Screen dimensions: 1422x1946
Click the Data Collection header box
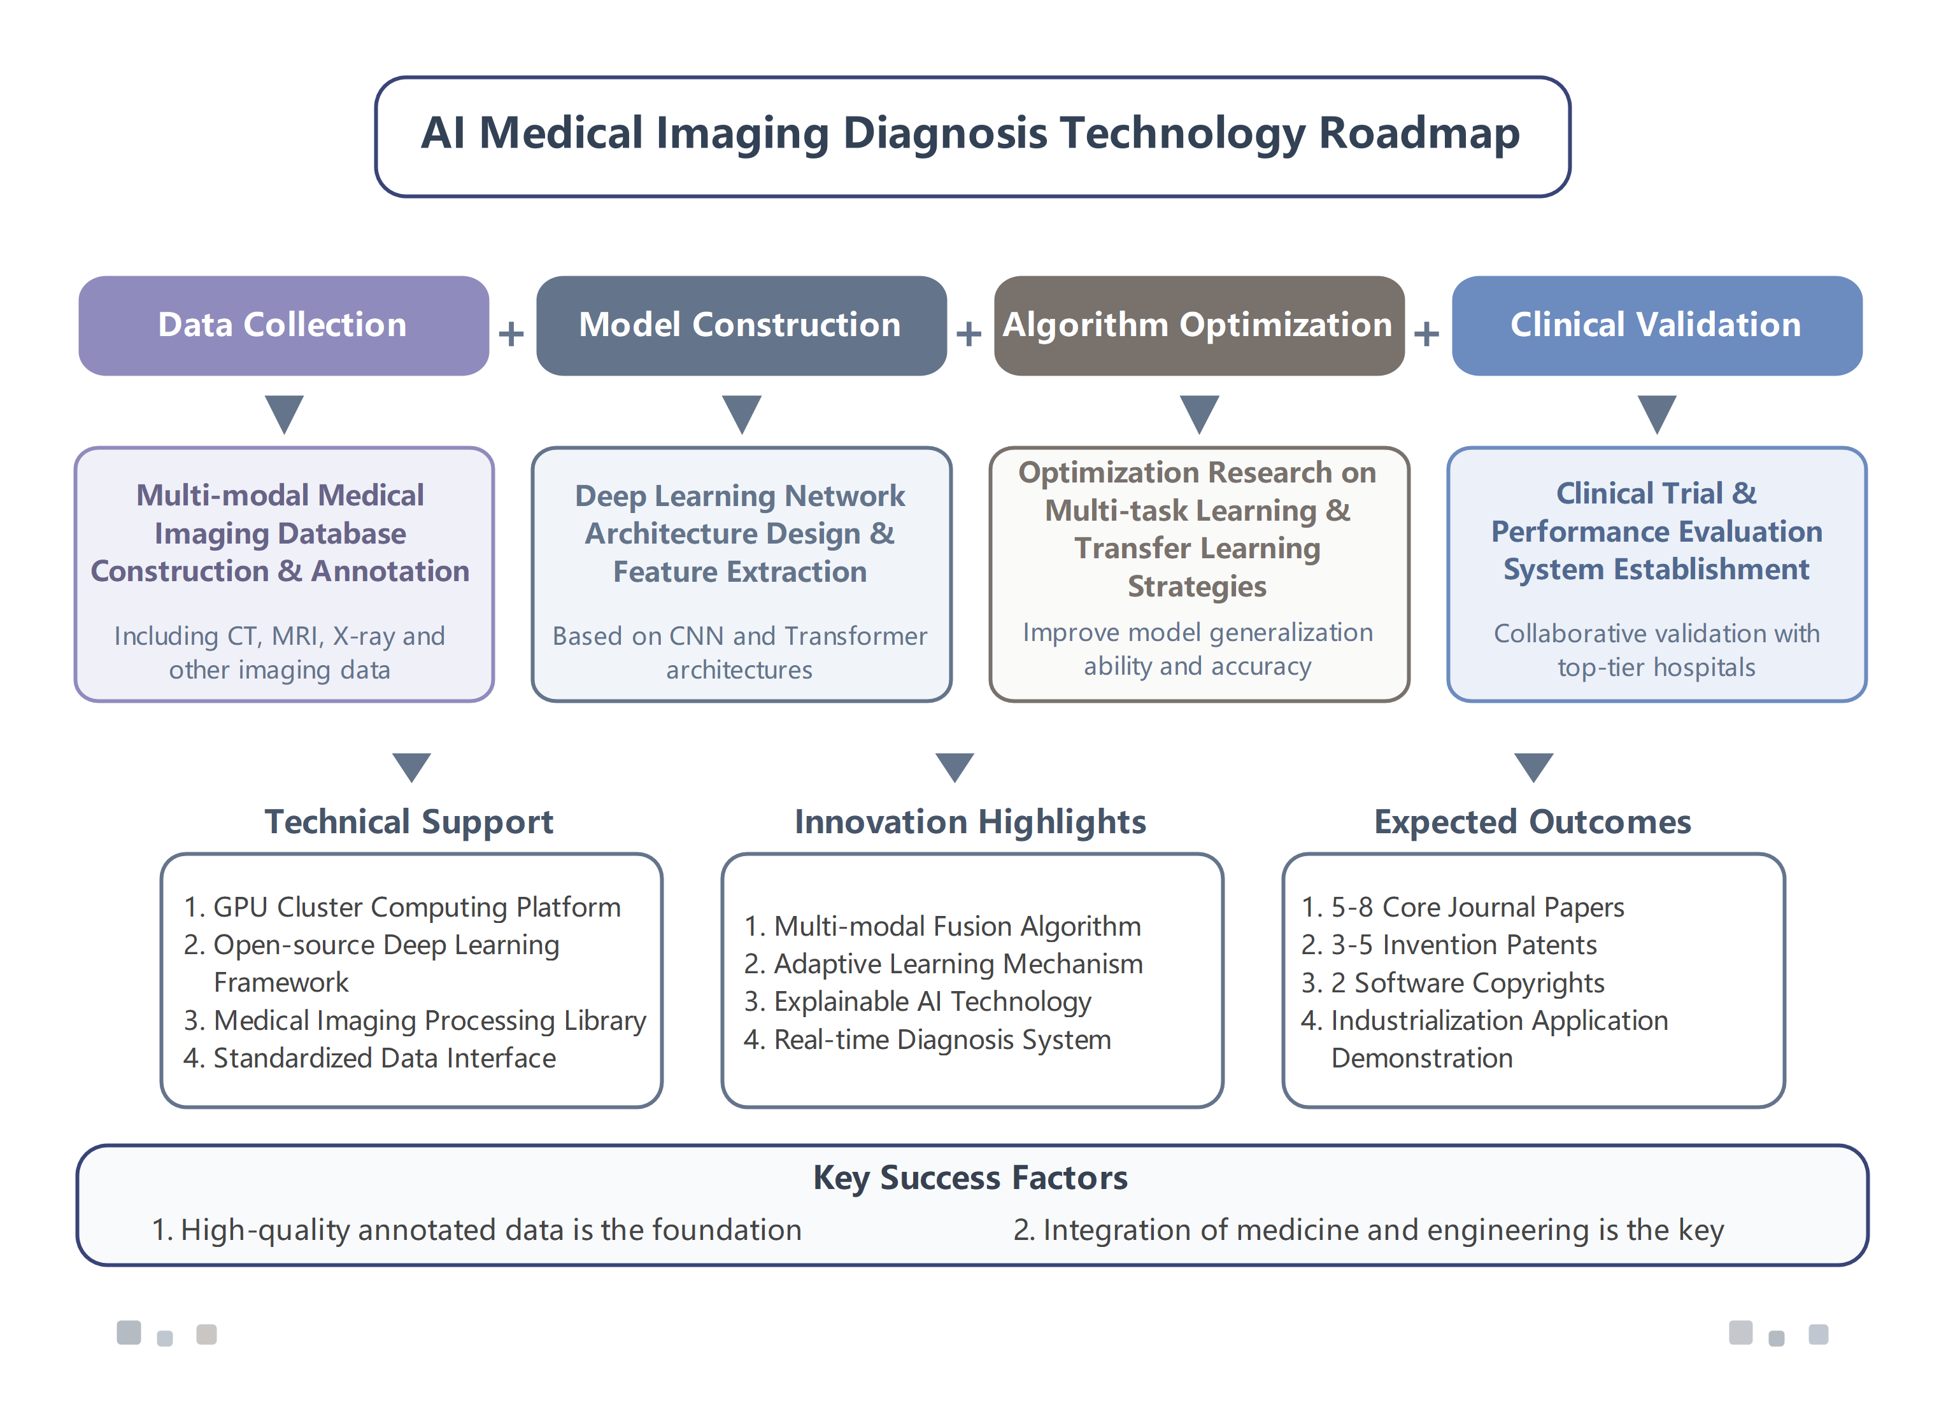point(283,325)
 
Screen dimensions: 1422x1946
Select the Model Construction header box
point(741,325)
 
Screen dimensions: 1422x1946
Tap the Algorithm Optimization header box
point(1198,325)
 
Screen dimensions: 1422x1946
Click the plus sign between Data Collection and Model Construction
point(511,333)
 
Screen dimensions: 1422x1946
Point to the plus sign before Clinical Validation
point(1427,333)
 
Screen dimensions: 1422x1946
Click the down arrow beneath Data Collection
point(284,413)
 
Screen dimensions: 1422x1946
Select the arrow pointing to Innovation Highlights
point(954,766)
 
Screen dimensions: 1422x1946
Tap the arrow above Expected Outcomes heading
point(1533,766)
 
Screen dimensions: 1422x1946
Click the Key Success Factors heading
point(970,1178)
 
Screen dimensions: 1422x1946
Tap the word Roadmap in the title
point(1419,134)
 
